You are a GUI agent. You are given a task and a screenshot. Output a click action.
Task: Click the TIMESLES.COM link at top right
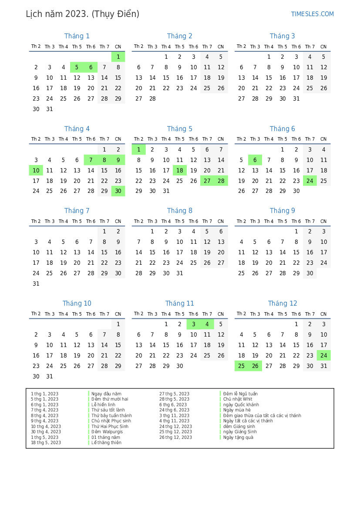(312, 14)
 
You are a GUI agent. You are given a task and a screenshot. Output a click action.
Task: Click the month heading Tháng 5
(179, 129)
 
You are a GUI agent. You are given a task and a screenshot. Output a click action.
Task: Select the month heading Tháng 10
(77, 303)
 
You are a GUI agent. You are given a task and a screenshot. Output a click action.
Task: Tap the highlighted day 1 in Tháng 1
(118, 57)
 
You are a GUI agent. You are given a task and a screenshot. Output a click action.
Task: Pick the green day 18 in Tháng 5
(180, 171)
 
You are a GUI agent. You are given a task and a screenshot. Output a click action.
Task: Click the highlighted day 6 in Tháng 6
(255, 160)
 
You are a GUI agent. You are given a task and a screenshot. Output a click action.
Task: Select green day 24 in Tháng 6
(310, 181)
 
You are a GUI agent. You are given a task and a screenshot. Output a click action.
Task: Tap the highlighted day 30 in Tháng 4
(118, 192)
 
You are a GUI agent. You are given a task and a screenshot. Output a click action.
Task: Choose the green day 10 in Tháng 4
(36, 171)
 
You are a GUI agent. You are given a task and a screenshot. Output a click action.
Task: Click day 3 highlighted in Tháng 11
(193, 324)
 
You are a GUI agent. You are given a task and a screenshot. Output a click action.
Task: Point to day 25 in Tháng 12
(242, 366)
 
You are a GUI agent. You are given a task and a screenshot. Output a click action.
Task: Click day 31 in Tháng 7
(36, 284)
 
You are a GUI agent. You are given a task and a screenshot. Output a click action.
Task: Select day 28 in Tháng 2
(152, 99)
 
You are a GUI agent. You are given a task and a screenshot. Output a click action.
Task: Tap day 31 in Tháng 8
(180, 273)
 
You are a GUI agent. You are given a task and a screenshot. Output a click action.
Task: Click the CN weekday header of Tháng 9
(323, 221)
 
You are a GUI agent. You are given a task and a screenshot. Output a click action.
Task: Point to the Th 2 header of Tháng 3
(241, 47)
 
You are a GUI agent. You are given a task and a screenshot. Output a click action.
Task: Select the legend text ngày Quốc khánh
(241, 405)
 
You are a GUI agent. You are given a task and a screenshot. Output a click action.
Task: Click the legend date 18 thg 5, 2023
(46, 443)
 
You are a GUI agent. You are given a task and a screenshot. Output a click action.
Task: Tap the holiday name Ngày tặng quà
(238, 437)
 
